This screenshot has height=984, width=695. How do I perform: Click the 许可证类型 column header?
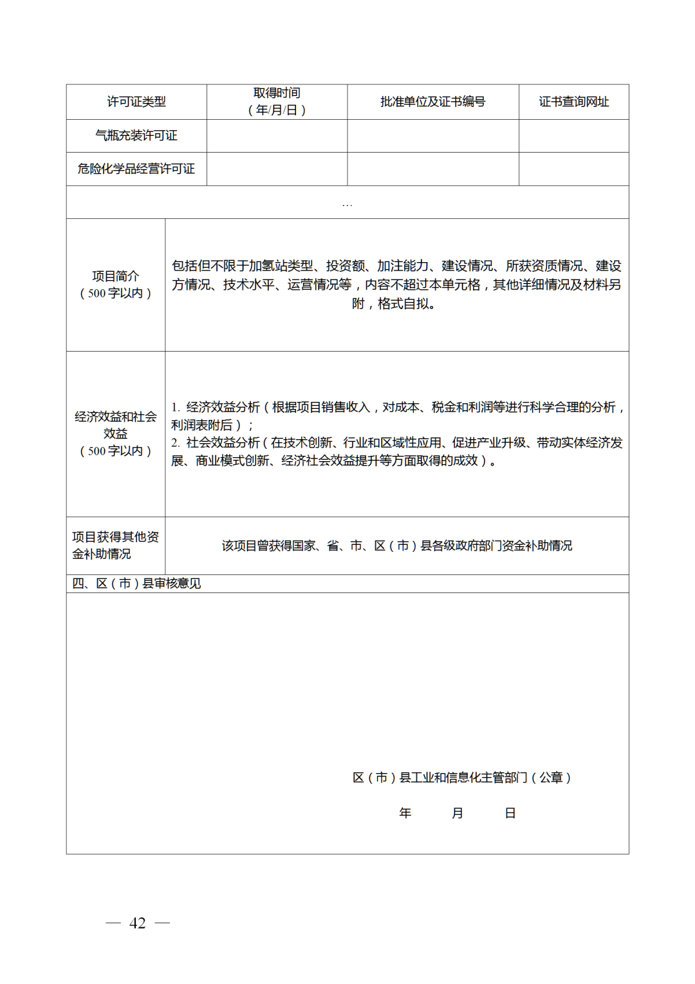(136, 102)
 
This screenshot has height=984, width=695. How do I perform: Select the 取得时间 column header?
(277, 102)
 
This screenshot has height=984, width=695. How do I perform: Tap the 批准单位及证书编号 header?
(432, 102)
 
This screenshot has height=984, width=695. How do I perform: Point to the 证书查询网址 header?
(573, 102)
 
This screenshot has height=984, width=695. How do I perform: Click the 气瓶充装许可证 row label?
(136, 135)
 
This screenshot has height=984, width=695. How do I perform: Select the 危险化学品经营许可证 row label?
(136, 169)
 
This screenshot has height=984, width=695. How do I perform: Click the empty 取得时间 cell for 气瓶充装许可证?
(277, 135)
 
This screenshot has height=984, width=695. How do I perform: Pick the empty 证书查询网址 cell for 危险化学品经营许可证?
(573, 169)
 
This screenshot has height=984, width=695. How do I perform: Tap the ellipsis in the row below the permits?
(347, 204)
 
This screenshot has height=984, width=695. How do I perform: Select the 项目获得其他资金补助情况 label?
(116, 545)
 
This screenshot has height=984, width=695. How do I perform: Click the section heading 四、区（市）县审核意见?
(136, 583)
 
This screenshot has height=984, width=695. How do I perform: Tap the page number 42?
(138, 923)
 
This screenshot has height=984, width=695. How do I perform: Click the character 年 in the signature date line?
(405, 813)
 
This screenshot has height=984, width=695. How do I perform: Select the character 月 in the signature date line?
(458, 813)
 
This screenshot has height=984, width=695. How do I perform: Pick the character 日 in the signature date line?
(510, 813)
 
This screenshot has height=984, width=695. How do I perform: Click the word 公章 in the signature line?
(551, 778)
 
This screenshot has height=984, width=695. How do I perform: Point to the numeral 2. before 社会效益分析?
(176, 443)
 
